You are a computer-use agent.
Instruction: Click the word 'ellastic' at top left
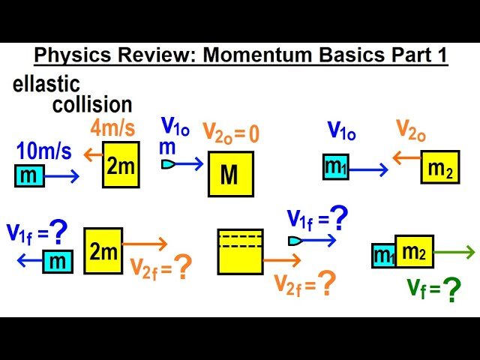[46, 84]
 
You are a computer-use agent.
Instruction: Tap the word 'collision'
[92, 103]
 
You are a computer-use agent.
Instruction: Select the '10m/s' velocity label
[44, 152]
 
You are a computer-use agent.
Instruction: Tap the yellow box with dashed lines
[240, 251]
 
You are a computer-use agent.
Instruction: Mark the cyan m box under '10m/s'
[29, 177]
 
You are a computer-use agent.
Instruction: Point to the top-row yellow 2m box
[121, 166]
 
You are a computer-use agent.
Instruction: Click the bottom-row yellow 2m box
[103, 250]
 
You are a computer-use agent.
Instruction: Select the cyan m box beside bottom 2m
[56, 261]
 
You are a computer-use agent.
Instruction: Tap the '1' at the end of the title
[442, 57]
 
